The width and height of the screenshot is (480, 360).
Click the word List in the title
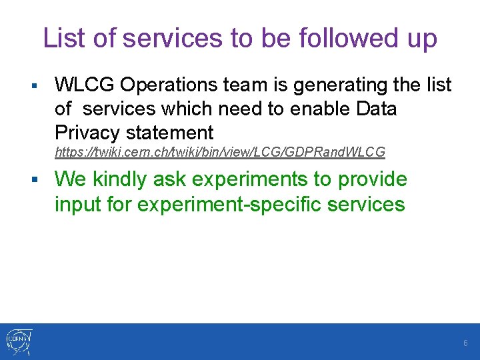click(x=64, y=37)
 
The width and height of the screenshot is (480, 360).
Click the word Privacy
click(x=87, y=133)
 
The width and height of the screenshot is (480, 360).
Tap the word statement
click(x=169, y=133)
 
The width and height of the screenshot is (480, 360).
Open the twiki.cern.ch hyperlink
click(x=220, y=152)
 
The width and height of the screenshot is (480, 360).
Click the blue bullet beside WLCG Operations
click(x=34, y=85)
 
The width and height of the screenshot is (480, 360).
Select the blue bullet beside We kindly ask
click(x=35, y=179)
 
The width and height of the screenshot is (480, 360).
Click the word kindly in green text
click(x=119, y=179)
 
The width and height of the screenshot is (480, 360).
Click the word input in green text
click(x=78, y=204)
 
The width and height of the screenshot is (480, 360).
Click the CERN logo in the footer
click(x=19, y=342)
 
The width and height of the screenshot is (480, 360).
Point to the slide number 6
click(x=465, y=343)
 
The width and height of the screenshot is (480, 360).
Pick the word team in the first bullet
click(x=245, y=85)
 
